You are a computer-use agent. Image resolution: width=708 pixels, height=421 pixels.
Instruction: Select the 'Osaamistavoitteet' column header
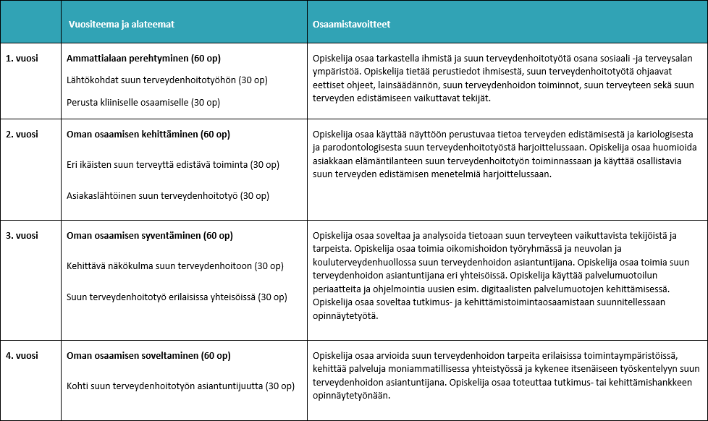[353, 24]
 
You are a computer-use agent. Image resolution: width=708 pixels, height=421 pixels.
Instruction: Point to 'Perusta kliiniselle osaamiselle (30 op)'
[143, 103]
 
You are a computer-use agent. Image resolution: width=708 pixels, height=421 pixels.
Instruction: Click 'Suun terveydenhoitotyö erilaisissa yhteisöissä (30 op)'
[177, 297]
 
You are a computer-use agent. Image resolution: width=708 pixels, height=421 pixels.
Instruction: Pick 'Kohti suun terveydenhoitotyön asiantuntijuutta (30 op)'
[180, 386]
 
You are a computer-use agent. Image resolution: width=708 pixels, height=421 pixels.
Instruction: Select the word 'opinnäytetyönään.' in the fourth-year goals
[351, 396]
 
